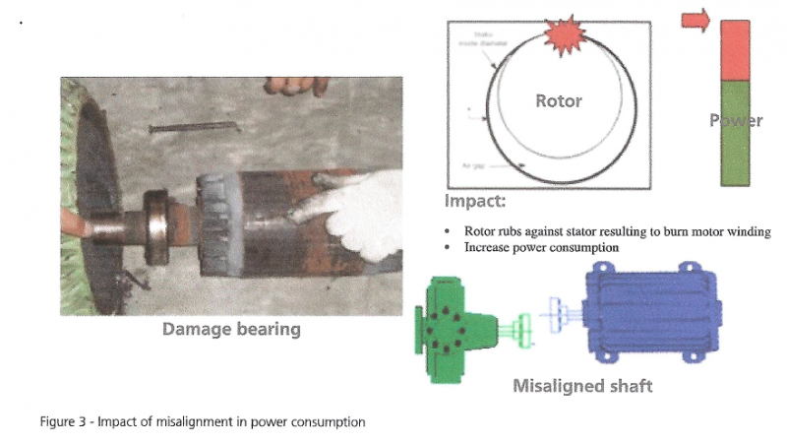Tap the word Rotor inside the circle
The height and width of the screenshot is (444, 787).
pyautogui.click(x=558, y=100)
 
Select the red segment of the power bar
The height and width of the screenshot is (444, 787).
pyautogui.click(x=736, y=51)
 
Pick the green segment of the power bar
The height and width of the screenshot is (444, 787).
pyautogui.click(x=736, y=148)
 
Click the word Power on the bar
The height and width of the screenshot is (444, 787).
pyautogui.click(x=736, y=121)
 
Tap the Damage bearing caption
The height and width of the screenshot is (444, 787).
pyautogui.click(x=231, y=329)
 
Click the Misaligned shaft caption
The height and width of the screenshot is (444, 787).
pyautogui.click(x=582, y=385)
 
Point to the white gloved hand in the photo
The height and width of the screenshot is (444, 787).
pyautogui.click(x=354, y=213)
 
